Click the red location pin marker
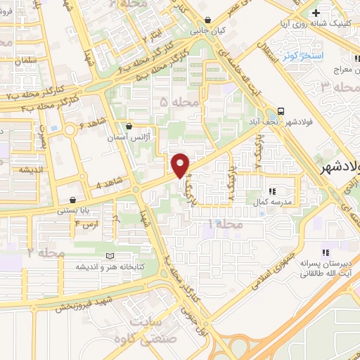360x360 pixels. (x=181, y=165)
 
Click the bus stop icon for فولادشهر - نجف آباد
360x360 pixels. (x=281, y=111)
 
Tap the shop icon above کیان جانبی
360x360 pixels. (x=208, y=20)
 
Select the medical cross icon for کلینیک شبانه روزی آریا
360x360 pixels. (x=316, y=13)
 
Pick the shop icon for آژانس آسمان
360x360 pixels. (x=129, y=127)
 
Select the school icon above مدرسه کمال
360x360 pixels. (x=272, y=190)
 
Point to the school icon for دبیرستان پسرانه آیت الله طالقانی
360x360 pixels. (x=325, y=252)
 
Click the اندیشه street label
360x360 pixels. (x=33, y=169)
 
